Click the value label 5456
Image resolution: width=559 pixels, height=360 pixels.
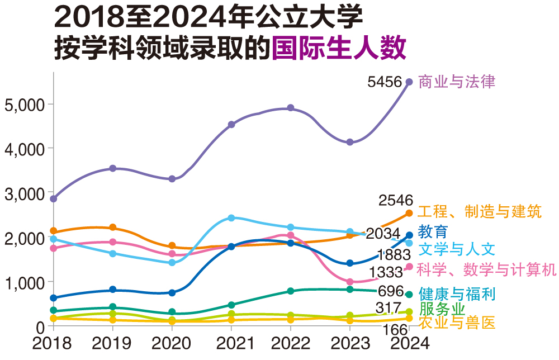point(385,82)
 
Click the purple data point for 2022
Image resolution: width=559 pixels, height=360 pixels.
point(291,108)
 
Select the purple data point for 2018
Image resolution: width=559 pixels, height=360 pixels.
point(54,198)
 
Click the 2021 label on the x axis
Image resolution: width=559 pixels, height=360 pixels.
point(231,343)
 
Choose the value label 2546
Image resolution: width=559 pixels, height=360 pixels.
point(395,200)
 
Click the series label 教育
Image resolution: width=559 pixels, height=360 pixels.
point(433,231)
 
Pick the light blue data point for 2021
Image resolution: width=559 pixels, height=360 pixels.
point(231,218)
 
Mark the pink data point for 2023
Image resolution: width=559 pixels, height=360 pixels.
point(350,282)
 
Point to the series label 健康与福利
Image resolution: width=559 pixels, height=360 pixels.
point(457,293)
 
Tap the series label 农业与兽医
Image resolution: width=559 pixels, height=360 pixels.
point(457,323)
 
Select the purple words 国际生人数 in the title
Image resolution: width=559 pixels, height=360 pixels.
point(338,49)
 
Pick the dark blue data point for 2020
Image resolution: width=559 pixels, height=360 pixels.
point(172,292)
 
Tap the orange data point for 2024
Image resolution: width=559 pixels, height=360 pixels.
point(409,213)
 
